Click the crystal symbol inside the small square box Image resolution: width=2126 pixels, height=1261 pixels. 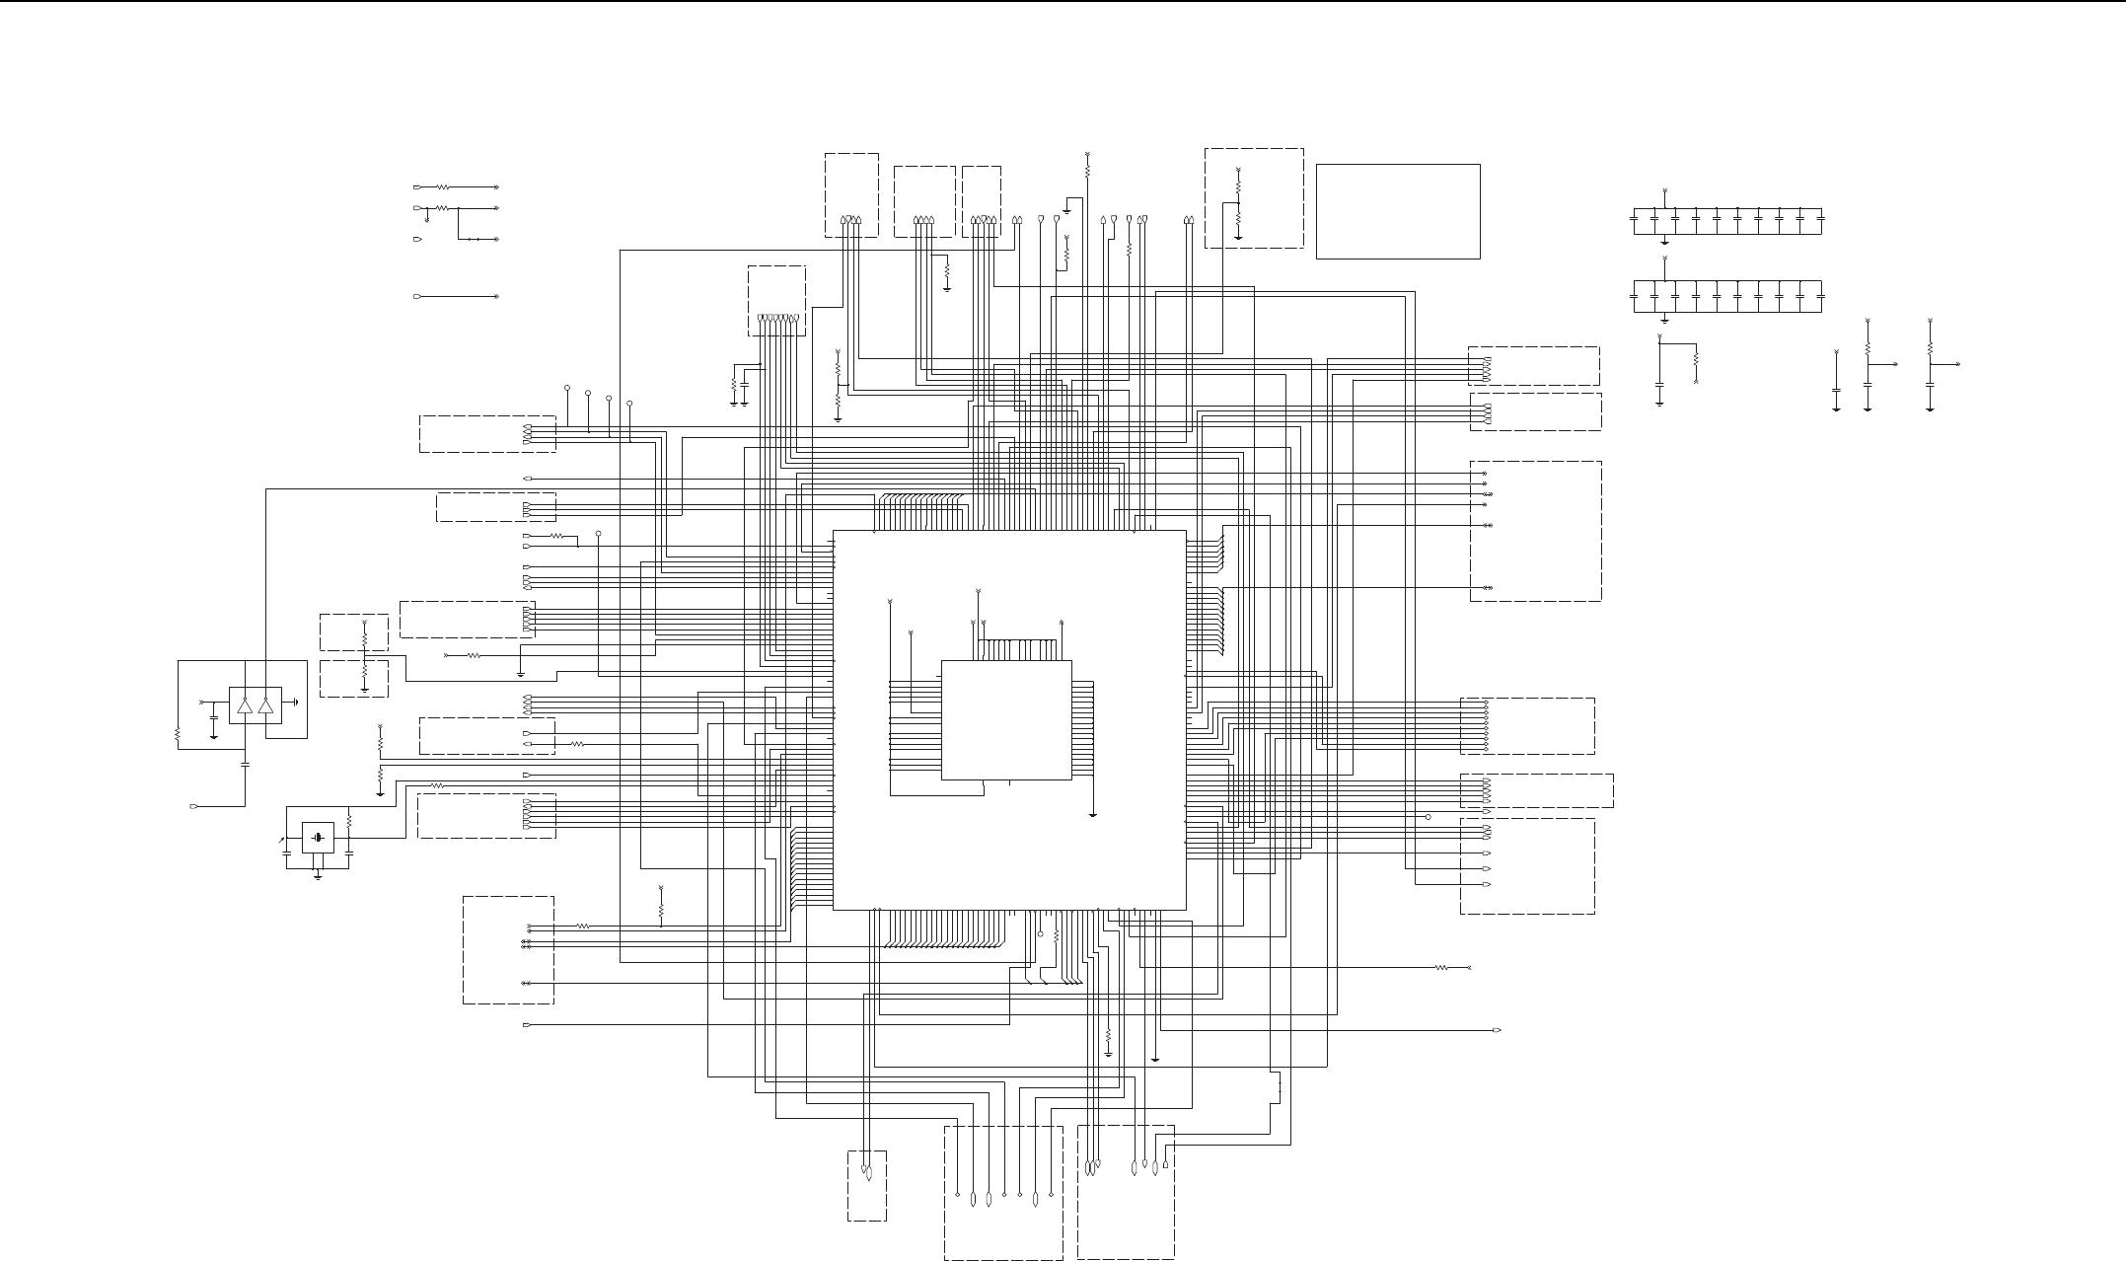[318, 839]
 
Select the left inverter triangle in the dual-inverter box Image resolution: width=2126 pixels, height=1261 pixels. [245, 705]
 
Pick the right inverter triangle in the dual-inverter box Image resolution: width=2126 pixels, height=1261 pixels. [265, 705]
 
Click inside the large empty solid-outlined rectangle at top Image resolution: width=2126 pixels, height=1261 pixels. [1398, 211]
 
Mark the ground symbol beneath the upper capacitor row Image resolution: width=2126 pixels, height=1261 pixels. [1665, 240]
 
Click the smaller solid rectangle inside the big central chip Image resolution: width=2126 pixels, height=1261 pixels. [1006, 719]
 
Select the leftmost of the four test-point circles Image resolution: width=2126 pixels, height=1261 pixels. [567, 388]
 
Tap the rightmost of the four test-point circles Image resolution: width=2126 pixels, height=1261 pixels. [629, 404]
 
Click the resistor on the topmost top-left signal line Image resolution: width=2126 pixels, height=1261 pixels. [443, 186]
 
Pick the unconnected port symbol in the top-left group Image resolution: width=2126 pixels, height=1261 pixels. [418, 240]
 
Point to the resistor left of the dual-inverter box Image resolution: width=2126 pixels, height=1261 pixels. [178, 734]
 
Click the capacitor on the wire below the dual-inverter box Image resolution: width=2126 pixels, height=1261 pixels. [245, 763]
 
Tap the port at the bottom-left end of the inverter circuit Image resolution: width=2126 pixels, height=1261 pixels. [194, 807]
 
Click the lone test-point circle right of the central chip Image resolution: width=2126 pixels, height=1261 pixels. [1428, 817]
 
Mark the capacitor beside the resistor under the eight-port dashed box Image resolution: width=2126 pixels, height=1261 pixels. [745, 383]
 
